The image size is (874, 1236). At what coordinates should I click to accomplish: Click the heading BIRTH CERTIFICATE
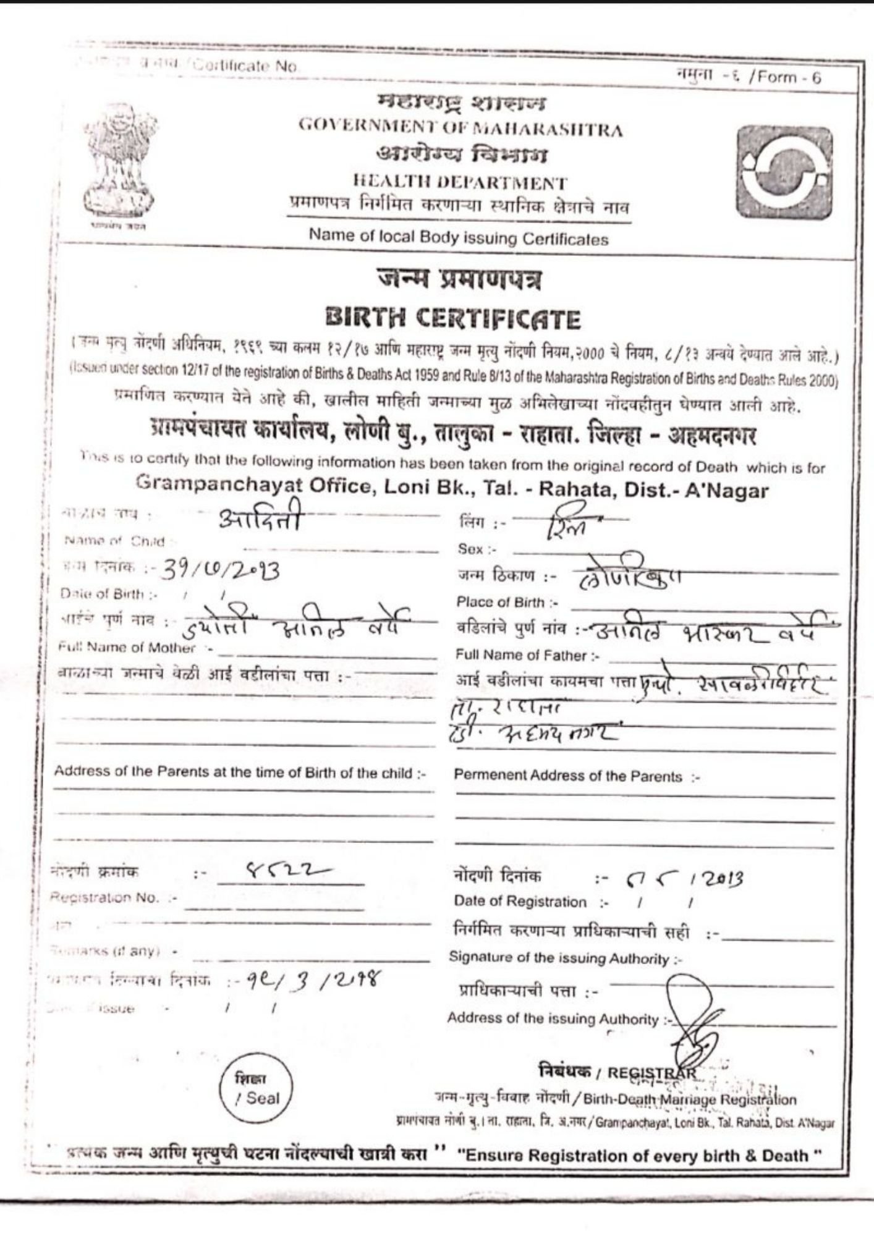click(x=453, y=319)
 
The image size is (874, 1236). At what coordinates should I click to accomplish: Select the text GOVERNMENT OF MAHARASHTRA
click(x=460, y=129)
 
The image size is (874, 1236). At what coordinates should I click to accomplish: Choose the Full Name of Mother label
click(x=134, y=648)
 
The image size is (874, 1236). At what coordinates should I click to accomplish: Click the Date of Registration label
click(x=520, y=902)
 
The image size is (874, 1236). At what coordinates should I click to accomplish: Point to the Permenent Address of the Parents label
click(x=576, y=777)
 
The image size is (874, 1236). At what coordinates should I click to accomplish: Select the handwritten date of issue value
click(x=310, y=981)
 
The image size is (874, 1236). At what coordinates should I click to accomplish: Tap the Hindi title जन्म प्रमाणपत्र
click(x=460, y=280)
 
